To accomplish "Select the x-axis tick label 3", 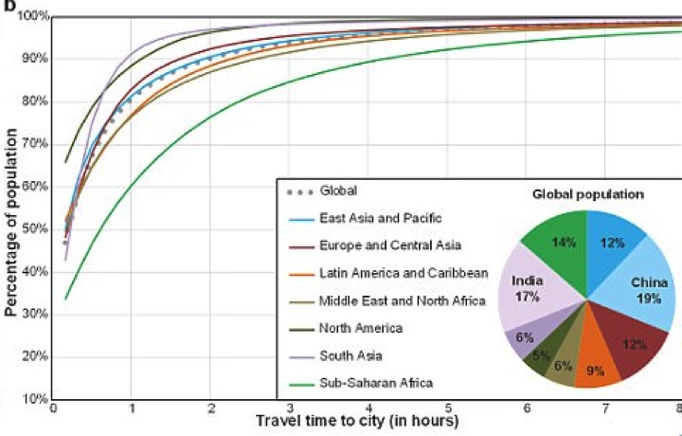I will coord(288,408).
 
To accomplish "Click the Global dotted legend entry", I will coord(338,190).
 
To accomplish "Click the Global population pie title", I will coord(587,193).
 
